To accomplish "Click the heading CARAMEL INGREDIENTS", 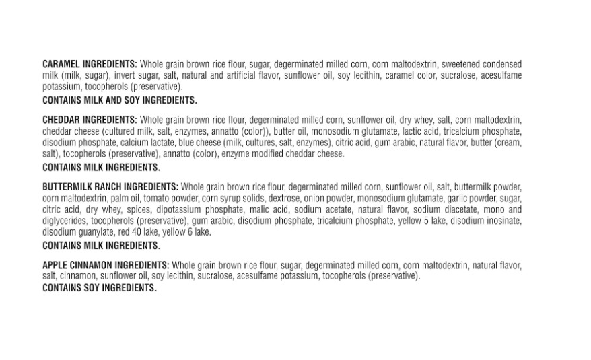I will click(x=90, y=64).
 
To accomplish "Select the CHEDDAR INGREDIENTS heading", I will click(x=90, y=120).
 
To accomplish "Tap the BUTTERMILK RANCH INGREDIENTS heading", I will click(x=110, y=187).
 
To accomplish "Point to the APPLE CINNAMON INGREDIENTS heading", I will click(x=106, y=265).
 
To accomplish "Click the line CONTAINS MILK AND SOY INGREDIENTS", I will click(x=120, y=100).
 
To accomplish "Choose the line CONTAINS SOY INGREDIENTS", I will click(x=99, y=288).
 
